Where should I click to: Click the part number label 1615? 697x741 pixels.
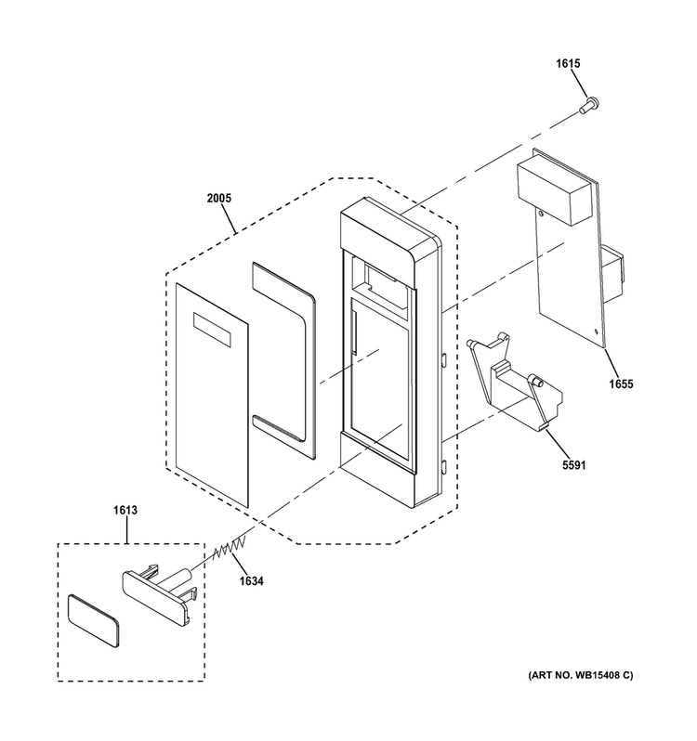(x=568, y=63)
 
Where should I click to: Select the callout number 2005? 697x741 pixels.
(x=219, y=198)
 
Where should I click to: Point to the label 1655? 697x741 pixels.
(x=621, y=383)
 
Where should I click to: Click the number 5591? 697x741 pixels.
(x=574, y=465)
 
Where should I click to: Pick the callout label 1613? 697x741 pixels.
(x=125, y=510)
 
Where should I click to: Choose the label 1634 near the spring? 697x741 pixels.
(x=251, y=580)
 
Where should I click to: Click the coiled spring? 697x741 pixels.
(x=230, y=548)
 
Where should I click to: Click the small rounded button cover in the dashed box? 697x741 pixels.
(x=93, y=620)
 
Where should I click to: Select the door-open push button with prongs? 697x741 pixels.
(x=160, y=593)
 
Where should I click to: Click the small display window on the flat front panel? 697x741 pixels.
(x=212, y=330)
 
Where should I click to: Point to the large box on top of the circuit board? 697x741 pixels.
(x=554, y=191)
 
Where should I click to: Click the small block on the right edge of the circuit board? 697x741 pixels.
(x=612, y=274)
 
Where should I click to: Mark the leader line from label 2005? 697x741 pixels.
(x=228, y=219)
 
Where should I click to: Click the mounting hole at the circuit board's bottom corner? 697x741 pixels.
(x=597, y=331)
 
